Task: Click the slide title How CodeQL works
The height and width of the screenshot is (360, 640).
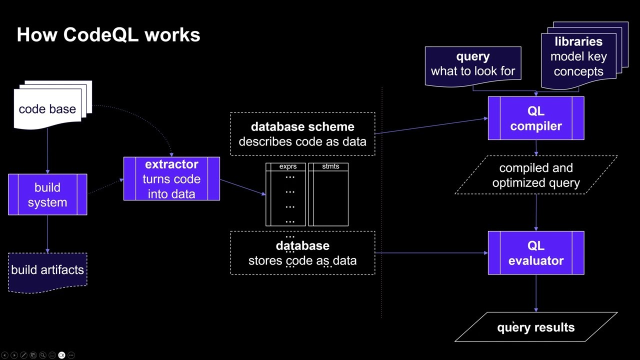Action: tap(108, 34)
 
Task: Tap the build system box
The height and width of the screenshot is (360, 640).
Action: tap(47, 195)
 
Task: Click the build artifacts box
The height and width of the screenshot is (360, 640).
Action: tap(47, 270)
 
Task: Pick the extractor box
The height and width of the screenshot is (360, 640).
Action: tap(171, 179)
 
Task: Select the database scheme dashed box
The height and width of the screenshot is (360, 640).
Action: tap(302, 134)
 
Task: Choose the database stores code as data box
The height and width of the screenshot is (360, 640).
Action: tap(302, 253)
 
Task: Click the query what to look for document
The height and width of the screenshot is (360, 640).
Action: tap(473, 64)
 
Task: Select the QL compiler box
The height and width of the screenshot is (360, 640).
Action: tap(536, 118)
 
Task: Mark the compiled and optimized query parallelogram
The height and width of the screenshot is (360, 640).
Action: tap(536, 175)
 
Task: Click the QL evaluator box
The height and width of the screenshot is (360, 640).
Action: tap(536, 253)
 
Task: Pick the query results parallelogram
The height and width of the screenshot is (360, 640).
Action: tap(536, 327)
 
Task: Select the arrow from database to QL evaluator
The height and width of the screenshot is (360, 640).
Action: tap(431, 253)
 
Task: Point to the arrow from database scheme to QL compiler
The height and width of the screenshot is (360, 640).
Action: tap(431, 126)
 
